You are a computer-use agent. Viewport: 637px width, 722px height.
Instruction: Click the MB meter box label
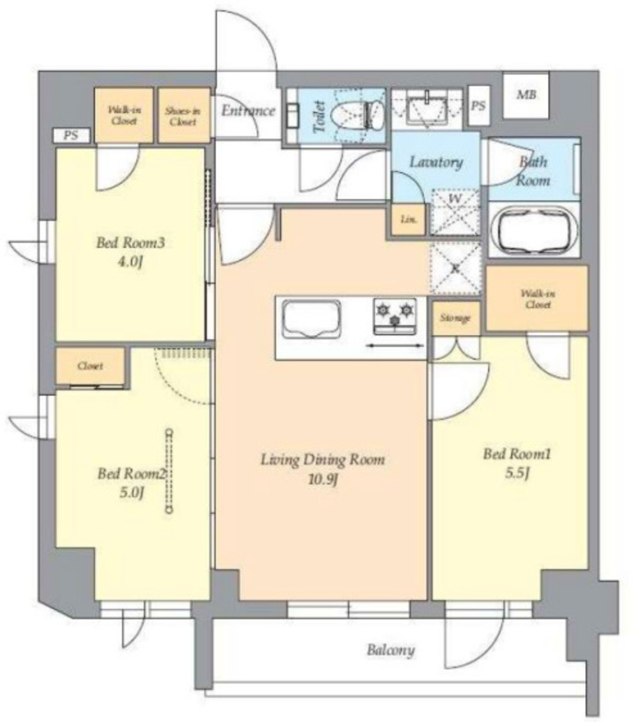click(x=526, y=95)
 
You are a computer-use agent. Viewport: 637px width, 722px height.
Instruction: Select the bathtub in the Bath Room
click(x=533, y=231)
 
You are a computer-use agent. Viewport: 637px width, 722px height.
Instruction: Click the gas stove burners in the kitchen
click(x=395, y=316)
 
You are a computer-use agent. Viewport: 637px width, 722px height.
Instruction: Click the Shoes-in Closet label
click(x=183, y=116)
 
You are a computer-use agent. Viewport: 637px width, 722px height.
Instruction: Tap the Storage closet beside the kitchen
click(x=455, y=318)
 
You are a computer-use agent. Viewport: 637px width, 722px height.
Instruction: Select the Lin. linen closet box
click(x=409, y=219)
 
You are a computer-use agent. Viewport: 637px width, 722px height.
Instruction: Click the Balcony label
click(x=391, y=649)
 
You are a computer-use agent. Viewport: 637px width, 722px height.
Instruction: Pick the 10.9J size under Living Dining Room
click(x=323, y=480)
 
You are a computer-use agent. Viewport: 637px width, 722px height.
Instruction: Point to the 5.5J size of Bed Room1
click(x=517, y=473)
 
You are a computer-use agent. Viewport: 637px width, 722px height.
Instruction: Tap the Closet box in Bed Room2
click(x=90, y=366)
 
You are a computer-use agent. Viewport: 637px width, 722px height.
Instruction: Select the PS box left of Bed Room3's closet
click(x=71, y=135)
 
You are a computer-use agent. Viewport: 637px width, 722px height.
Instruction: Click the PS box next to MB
click(x=478, y=106)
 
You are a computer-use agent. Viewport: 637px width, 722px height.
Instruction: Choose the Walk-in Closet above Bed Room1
click(x=537, y=298)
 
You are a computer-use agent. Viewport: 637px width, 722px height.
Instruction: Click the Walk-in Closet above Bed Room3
click(x=124, y=115)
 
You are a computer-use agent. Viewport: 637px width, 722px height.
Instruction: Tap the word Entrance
click(x=248, y=111)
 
